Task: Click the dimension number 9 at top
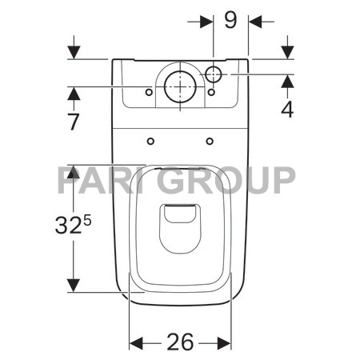point(230,19)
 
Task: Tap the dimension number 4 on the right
point(286,109)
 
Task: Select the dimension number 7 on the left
point(74,122)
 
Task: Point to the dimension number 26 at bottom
point(181,342)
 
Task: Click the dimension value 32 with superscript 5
point(74,226)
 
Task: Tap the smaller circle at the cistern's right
point(214,74)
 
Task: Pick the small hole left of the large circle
point(149,93)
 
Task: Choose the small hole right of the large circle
point(211,93)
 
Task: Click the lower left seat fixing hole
point(151,142)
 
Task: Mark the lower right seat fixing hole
point(210,142)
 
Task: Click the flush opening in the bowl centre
point(180,216)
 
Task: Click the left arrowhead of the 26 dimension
point(135,343)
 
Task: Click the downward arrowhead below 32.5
point(74,285)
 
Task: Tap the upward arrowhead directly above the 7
point(74,94)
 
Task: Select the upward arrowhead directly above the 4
point(287,82)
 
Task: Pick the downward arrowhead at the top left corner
point(74,51)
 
